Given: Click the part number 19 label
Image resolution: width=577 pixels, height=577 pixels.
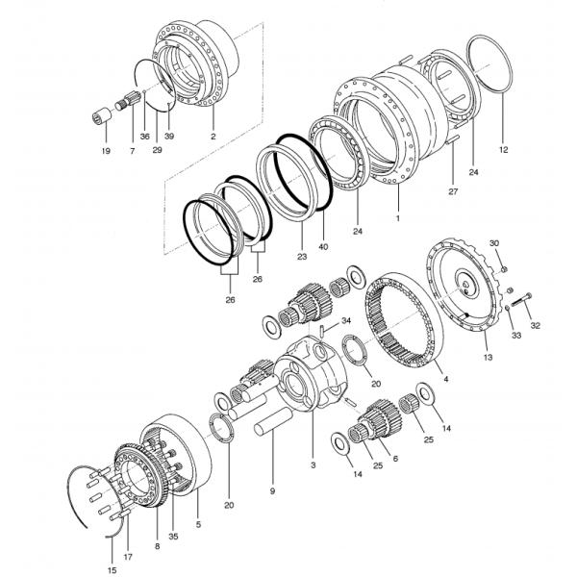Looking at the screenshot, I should (x=105, y=150).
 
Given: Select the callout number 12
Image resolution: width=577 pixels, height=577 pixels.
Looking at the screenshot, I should (x=503, y=149).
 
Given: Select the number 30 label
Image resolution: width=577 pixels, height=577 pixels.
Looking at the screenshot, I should (x=495, y=243).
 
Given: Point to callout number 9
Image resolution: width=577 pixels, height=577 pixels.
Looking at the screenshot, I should (x=272, y=491).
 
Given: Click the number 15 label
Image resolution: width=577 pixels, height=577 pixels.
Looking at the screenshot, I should (x=112, y=571).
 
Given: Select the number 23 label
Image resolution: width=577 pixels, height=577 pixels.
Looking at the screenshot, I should (x=301, y=259).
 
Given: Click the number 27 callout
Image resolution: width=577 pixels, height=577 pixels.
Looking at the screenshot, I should (x=452, y=192).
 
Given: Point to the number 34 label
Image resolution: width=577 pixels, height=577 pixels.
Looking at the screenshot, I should (x=346, y=320).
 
